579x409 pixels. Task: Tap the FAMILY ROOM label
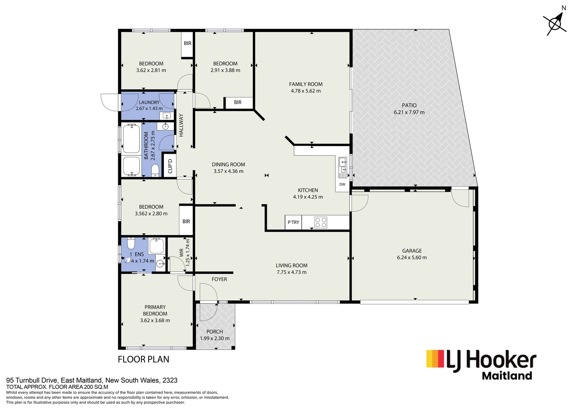pyautogui.click(x=305, y=84)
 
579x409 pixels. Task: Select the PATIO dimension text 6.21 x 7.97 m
pyautogui.click(x=409, y=112)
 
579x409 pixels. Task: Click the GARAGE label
pyautogui.click(x=412, y=251)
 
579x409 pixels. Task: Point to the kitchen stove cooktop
pyautogui.click(x=321, y=222)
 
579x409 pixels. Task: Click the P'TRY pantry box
pyautogui.click(x=293, y=222)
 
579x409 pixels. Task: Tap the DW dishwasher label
pyautogui.click(x=342, y=184)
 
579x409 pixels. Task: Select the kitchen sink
pyautogui.click(x=343, y=164)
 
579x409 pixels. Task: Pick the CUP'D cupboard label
pyautogui.click(x=170, y=166)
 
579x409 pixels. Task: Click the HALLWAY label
pyautogui.click(x=181, y=125)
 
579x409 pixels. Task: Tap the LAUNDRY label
pyautogui.click(x=149, y=102)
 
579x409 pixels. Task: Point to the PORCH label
pyautogui.click(x=214, y=332)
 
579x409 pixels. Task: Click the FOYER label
pyautogui.click(x=219, y=279)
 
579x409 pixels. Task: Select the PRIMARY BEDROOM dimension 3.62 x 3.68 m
pyautogui.click(x=155, y=320)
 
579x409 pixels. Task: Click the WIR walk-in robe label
pyautogui.click(x=181, y=253)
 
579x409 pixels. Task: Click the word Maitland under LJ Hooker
pyautogui.click(x=507, y=376)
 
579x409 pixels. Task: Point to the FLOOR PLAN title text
pyautogui.click(x=143, y=359)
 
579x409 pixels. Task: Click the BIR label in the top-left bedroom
pyautogui.click(x=188, y=43)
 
